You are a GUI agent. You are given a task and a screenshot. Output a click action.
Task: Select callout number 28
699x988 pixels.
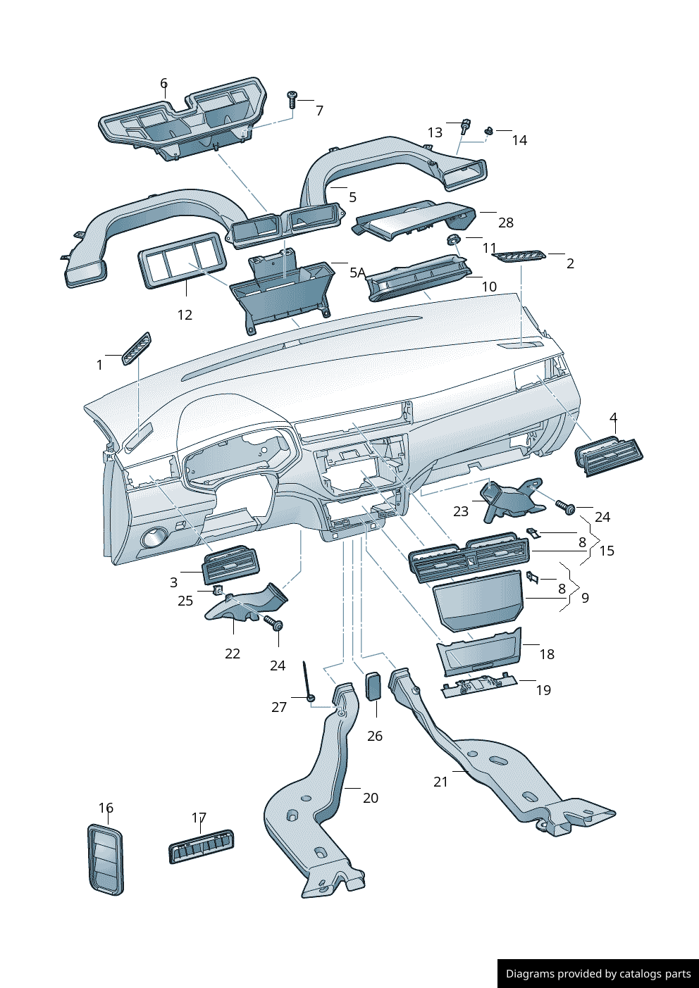(506, 223)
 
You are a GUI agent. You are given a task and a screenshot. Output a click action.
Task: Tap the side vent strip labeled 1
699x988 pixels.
(137, 348)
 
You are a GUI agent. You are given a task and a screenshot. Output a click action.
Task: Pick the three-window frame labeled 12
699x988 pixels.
(182, 260)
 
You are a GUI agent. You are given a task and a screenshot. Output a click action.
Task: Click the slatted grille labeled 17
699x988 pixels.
(202, 845)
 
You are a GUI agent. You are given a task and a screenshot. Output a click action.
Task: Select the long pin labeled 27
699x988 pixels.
(307, 680)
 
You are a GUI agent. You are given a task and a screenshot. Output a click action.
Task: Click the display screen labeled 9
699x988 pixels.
(478, 599)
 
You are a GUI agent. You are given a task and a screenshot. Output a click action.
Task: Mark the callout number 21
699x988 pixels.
(441, 782)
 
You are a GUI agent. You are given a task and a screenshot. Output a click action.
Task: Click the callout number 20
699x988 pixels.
(371, 798)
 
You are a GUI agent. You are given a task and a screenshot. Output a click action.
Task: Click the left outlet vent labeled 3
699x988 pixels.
(230, 564)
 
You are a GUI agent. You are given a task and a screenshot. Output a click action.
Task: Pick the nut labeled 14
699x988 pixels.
(488, 130)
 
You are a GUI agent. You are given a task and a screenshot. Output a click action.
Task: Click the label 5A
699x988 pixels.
(357, 273)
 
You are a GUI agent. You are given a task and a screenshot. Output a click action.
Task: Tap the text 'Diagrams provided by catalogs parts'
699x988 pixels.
(598, 974)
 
